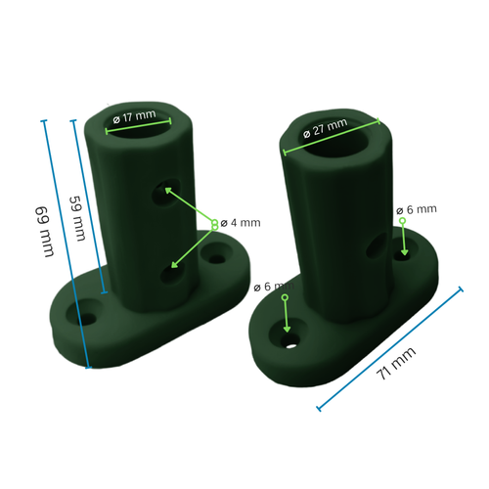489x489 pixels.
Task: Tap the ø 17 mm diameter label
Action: (x=135, y=116)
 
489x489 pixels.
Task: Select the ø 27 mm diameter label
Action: (x=325, y=128)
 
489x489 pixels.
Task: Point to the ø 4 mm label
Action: (x=241, y=223)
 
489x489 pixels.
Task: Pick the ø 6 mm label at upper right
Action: (x=416, y=209)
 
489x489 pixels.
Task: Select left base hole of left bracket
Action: (x=85, y=318)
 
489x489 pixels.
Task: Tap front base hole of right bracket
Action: (x=289, y=343)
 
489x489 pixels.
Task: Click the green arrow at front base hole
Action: (x=286, y=314)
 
